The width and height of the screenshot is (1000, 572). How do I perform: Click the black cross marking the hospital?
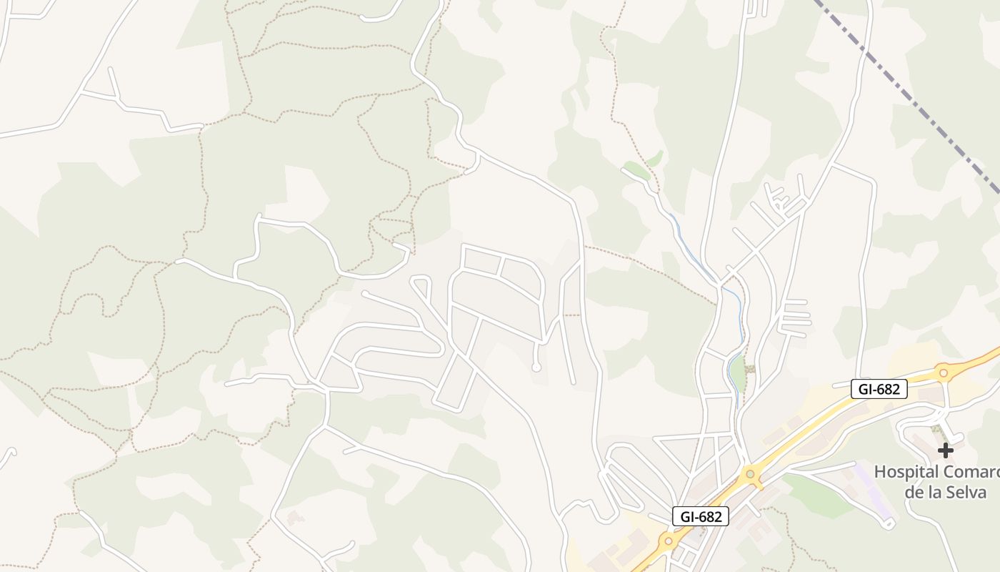pos(945,450)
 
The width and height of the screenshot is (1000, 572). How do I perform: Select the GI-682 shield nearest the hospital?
pos(879,389)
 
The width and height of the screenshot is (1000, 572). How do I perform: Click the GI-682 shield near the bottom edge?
pos(700,516)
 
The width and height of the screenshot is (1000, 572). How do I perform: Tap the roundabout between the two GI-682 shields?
pos(750,473)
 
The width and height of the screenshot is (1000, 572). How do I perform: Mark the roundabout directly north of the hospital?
pos(943,372)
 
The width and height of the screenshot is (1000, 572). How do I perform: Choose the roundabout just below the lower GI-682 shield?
pos(668,541)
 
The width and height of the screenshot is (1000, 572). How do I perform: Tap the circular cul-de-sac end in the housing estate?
pos(536,368)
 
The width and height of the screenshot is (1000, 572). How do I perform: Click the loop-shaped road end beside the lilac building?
pos(888,525)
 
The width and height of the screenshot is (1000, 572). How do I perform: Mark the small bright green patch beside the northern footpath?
pos(636,169)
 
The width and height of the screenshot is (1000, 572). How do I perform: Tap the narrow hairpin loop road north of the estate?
pos(422,290)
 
